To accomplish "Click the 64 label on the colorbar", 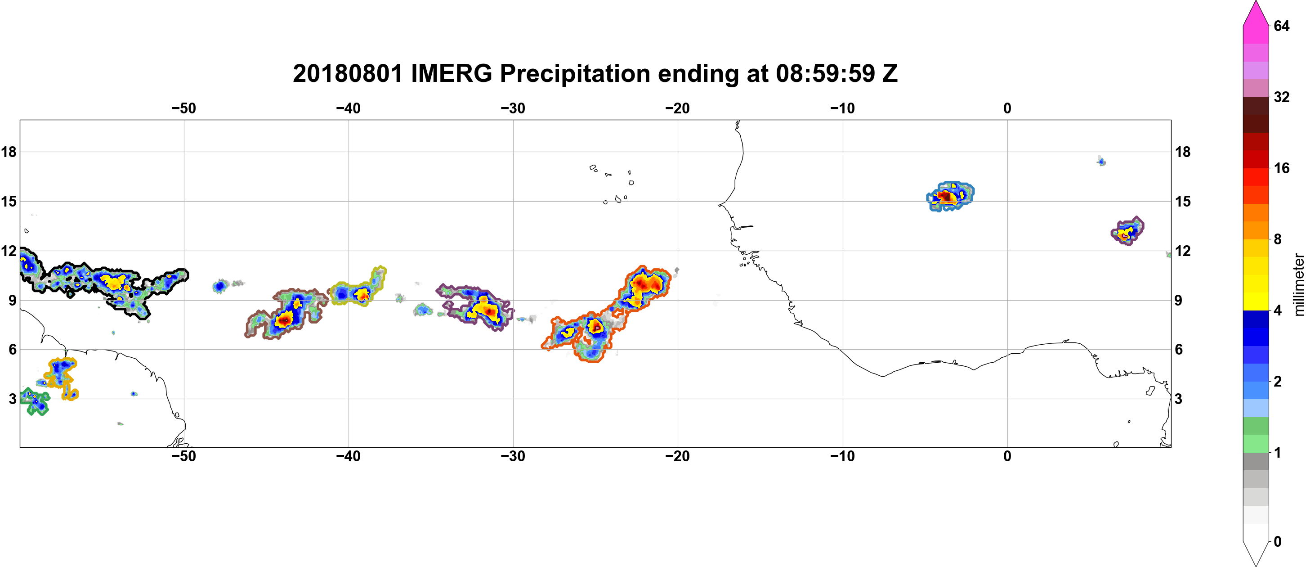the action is [x=1281, y=26].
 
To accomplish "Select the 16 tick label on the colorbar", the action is [x=1281, y=168].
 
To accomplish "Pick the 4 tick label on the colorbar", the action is [x=1278, y=310].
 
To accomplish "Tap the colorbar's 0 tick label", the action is [x=1278, y=542].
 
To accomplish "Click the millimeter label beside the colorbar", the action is [x=1298, y=284].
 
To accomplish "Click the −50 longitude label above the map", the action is [x=183, y=108].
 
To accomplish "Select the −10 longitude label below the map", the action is [x=843, y=456].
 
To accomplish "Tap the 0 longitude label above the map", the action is [x=1007, y=108].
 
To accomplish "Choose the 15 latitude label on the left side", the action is [x=9, y=201].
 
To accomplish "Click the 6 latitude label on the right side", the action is [x=1179, y=350].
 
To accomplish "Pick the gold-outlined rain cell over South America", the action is [x=61, y=377].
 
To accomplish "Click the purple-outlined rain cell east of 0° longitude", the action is [x=1127, y=231].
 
